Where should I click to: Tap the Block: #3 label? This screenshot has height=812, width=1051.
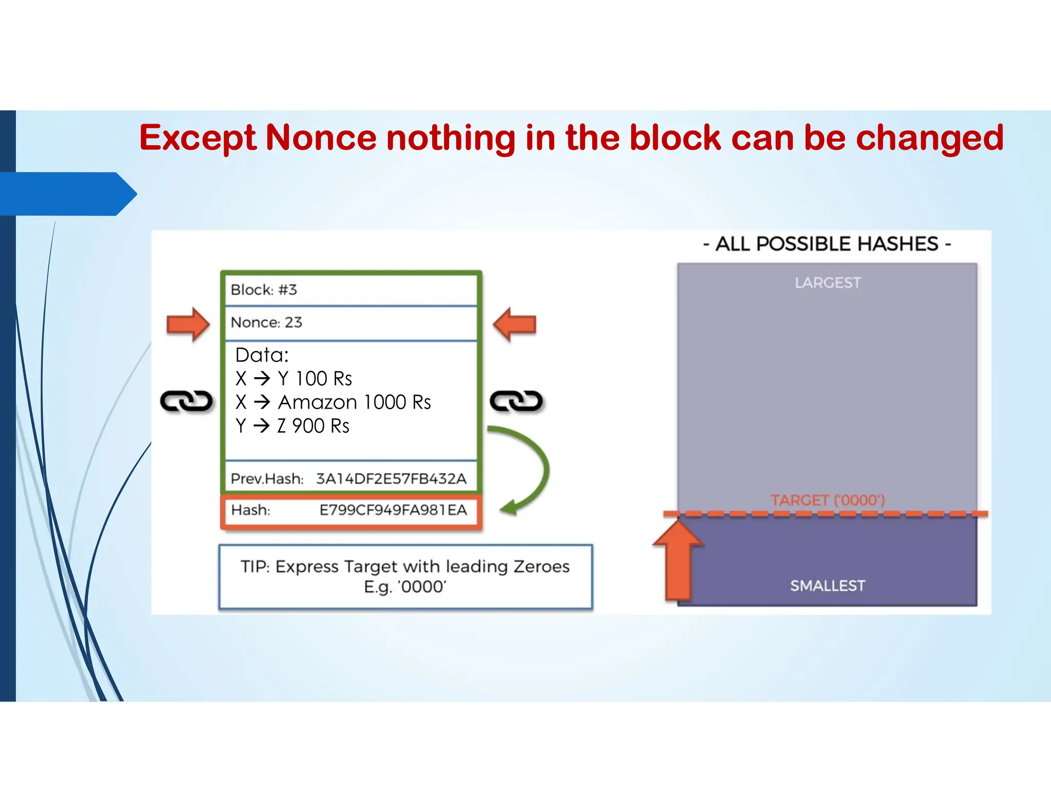coord(264,290)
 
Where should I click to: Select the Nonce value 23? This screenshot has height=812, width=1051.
coord(294,322)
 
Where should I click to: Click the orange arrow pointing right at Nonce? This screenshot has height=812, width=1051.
coord(188,324)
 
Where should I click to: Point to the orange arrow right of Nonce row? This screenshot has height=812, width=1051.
coord(515,324)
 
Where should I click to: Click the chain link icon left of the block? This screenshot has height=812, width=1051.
coord(186,401)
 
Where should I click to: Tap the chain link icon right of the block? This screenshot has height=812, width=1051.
coord(516,401)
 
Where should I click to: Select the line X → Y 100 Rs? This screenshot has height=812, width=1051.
coord(294,379)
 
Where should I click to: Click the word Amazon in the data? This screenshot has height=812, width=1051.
coord(317,402)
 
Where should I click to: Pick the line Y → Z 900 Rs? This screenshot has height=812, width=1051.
coord(293,426)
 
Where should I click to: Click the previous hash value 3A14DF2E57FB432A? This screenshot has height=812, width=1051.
coord(391,479)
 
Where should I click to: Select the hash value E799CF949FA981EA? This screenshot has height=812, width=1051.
coord(393,510)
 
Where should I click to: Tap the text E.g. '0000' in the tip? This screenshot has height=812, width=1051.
coord(405,587)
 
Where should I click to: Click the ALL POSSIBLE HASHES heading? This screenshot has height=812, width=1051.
coord(827,244)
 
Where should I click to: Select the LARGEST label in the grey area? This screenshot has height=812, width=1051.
coord(828,283)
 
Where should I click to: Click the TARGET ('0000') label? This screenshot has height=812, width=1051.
coord(828,500)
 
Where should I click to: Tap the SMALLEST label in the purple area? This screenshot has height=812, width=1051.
coord(828,586)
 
